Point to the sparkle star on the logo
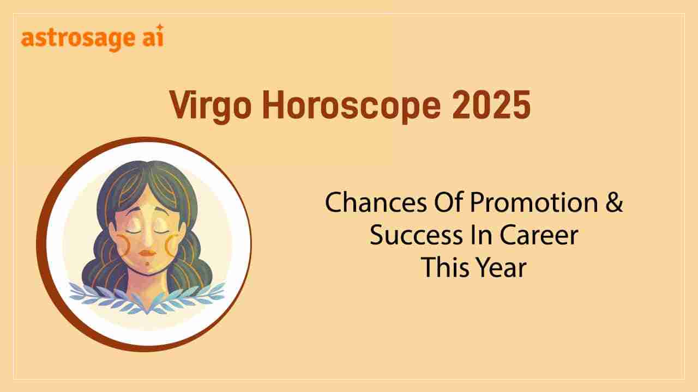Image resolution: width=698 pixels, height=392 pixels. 159,28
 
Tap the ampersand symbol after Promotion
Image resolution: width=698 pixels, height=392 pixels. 614,204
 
